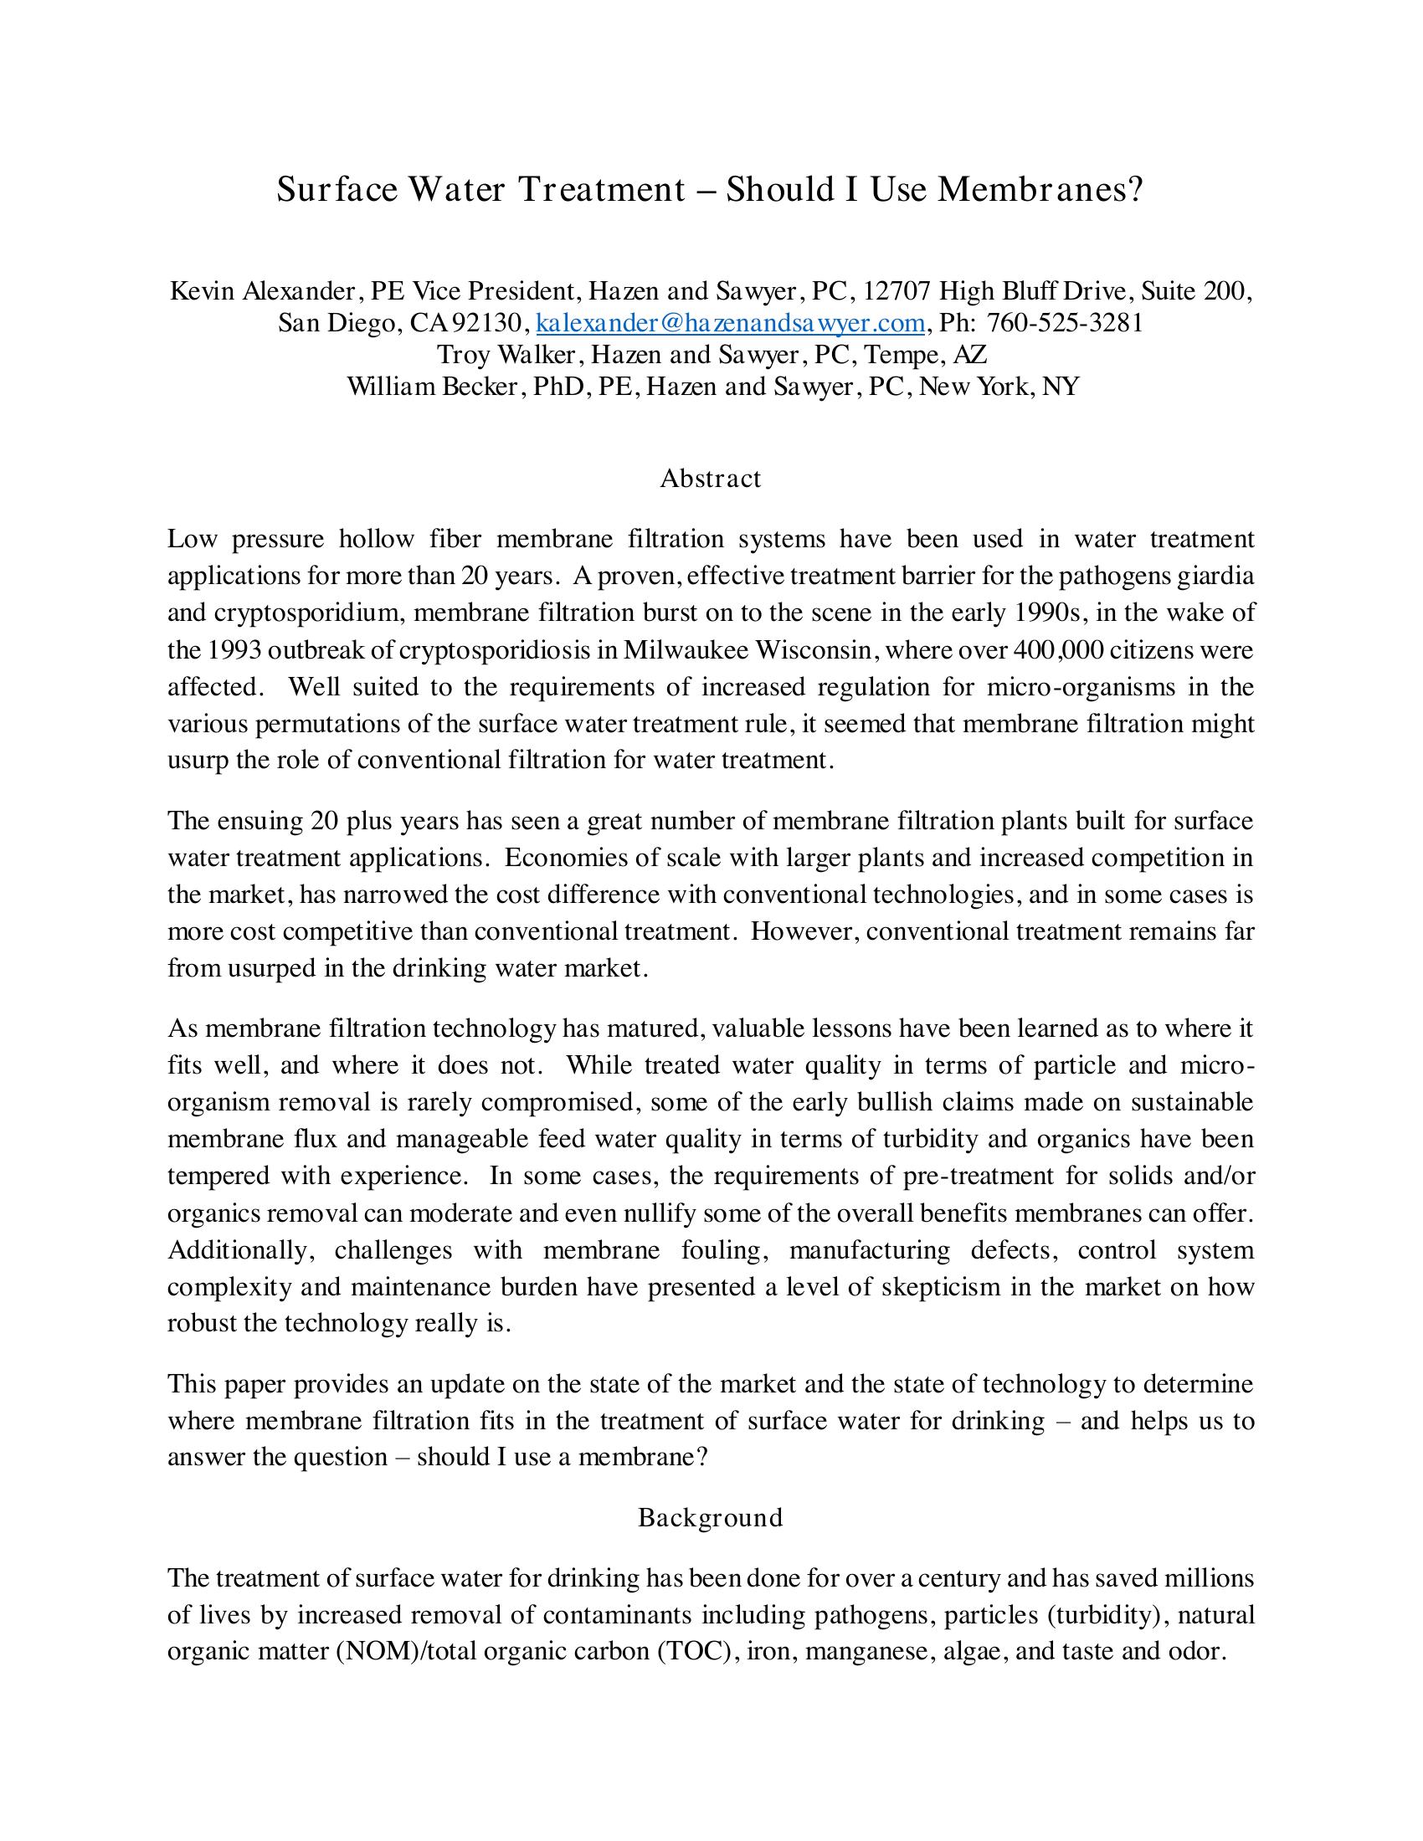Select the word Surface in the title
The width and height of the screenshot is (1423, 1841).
336,190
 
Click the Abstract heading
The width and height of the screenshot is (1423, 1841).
711,478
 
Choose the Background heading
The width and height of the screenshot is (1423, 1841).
711,1517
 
